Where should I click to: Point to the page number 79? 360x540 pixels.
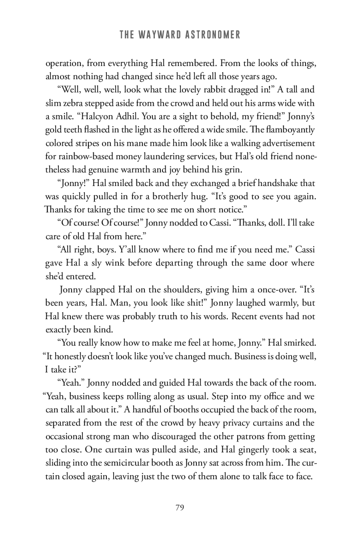pos(180,508)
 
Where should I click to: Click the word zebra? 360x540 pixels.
pos(71,103)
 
